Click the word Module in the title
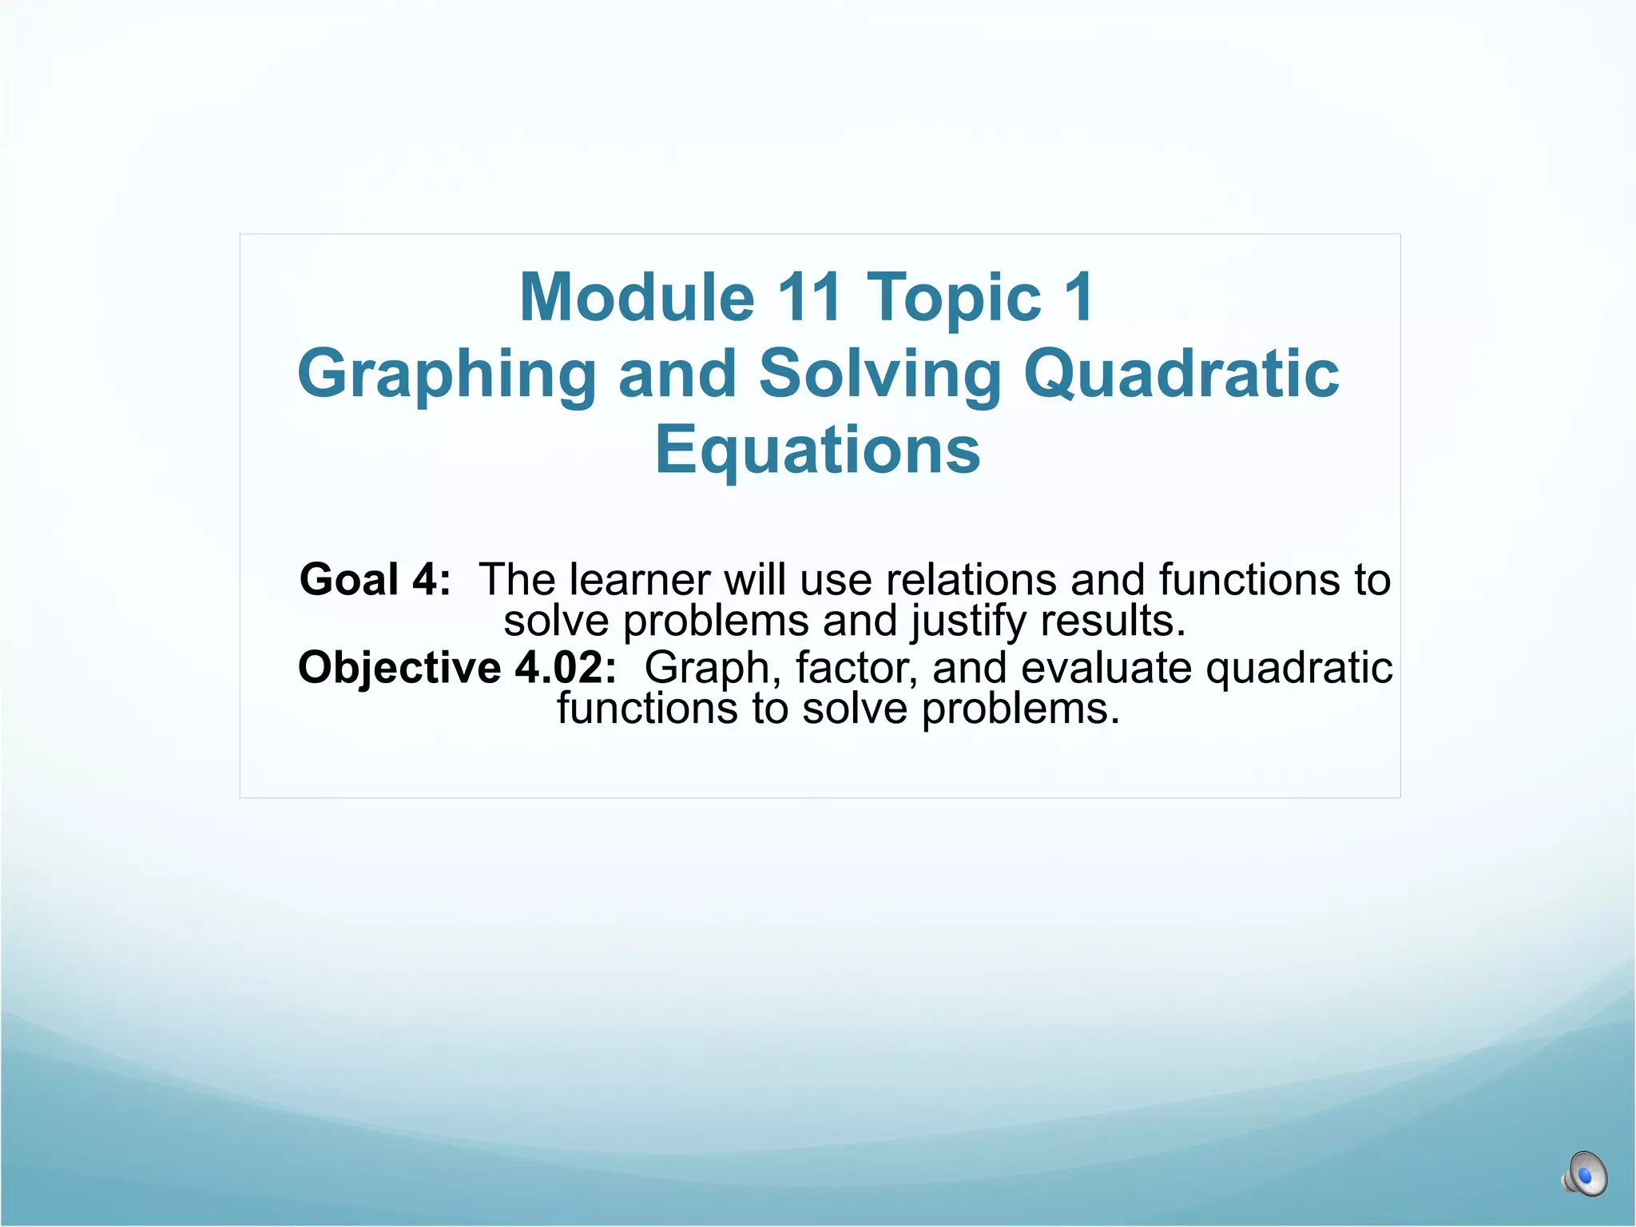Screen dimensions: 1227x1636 pos(637,298)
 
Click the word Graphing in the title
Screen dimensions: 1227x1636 pos(447,375)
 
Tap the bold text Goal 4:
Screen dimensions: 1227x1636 pos(375,579)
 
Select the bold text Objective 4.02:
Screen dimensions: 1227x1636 pos(457,667)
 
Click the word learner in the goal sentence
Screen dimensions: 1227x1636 pos(639,579)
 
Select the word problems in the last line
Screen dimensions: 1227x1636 pos(1020,709)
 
